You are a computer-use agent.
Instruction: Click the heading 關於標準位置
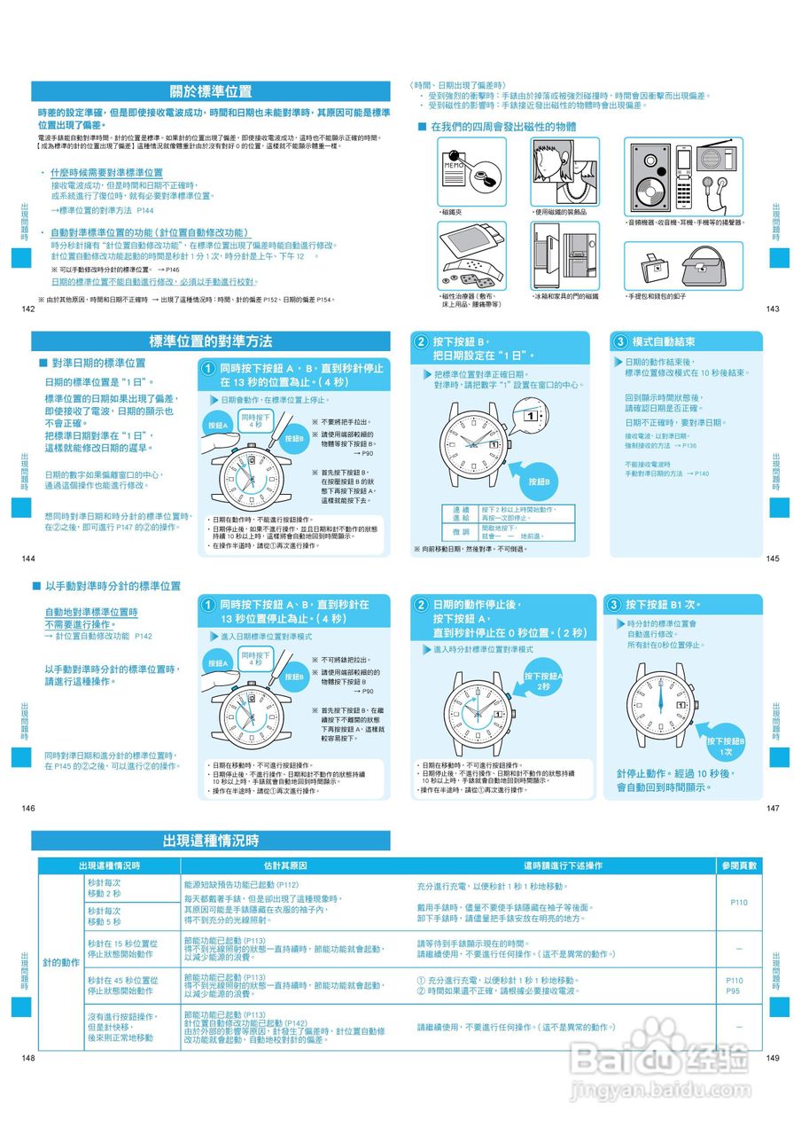(x=210, y=91)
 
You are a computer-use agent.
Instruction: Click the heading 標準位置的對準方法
(x=210, y=341)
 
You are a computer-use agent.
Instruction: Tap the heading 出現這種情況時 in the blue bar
(x=210, y=841)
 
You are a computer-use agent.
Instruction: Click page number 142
(x=27, y=309)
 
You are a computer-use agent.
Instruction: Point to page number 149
(x=773, y=1058)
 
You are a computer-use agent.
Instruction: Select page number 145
(x=773, y=559)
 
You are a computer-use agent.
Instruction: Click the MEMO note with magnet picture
(x=471, y=171)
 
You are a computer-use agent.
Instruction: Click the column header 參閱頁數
(x=739, y=865)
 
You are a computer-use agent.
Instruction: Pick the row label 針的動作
(x=61, y=962)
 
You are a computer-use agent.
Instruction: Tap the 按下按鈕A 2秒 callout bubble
(x=543, y=681)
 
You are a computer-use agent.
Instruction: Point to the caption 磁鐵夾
(x=453, y=212)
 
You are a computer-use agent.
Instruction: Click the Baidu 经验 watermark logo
(x=673, y=1060)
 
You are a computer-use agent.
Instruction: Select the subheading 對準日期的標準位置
(x=98, y=364)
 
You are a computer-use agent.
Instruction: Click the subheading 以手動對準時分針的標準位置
(x=113, y=586)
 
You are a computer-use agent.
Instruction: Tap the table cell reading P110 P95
(x=735, y=986)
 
